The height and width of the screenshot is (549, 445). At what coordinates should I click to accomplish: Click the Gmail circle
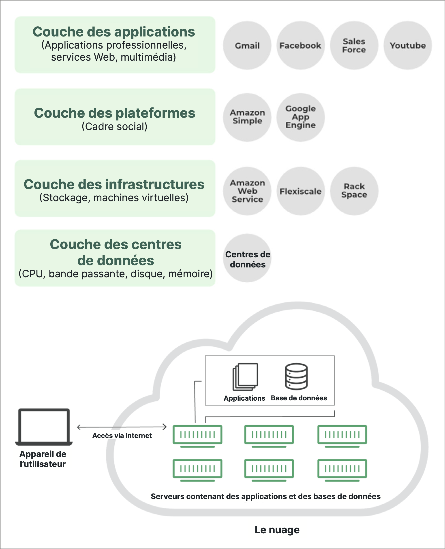[x=247, y=45]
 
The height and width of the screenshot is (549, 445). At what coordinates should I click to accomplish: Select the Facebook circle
[x=300, y=45]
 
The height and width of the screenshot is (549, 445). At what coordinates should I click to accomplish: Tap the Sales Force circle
[x=354, y=45]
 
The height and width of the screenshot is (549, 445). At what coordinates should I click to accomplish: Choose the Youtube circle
[x=408, y=45]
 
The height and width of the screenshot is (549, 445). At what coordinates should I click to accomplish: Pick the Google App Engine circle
[x=300, y=117]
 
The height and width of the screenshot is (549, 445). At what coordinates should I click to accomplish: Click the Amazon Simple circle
[x=247, y=117]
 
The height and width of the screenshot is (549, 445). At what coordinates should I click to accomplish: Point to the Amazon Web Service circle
[x=247, y=191]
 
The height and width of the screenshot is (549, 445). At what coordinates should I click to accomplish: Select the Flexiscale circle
[x=300, y=191]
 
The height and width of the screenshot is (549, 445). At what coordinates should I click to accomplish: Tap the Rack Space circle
[x=354, y=191]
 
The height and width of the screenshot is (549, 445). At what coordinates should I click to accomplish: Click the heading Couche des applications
[x=114, y=32]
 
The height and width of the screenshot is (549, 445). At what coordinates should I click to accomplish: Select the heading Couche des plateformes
[x=115, y=113]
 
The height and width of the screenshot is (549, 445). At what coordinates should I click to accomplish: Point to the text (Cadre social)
[x=115, y=127]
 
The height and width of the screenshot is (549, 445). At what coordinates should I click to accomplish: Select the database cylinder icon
[x=296, y=376]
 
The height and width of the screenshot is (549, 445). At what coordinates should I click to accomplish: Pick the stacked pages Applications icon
[x=245, y=376]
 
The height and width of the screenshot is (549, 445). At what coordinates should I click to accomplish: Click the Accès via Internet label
[x=122, y=436]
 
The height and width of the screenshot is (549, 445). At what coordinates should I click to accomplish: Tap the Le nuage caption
[x=277, y=530]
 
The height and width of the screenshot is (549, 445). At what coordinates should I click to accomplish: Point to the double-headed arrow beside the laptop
[x=122, y=427]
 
